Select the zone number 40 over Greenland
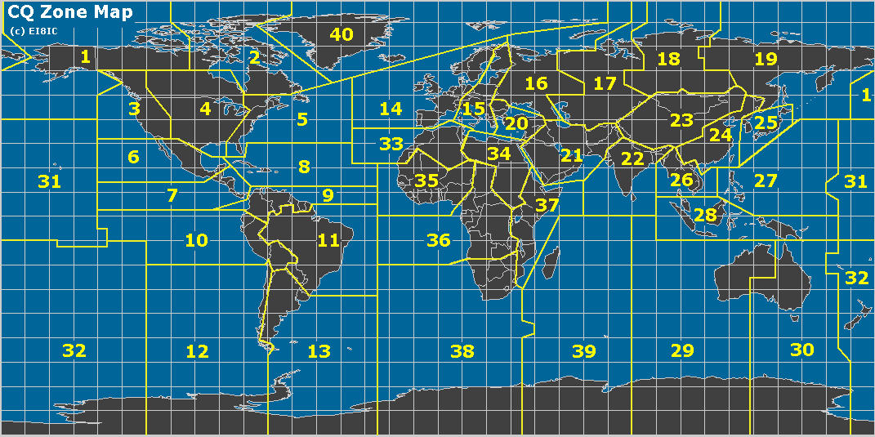[x=341, y=34]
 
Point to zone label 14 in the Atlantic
[x=391, y=109]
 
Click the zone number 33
[x=391, y=145]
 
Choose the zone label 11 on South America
[x=328, y=240]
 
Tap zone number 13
[x=319, y=351]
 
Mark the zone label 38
[x=462, y=351]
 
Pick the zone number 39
[x=583, y=351]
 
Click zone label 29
[x=681, y=351]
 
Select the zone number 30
[x=802, y=350]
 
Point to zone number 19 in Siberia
[x=766, y=59]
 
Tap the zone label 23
[x=681, y=120]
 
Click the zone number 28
[x=704, y=216]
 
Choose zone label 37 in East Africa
[x=547, y=205]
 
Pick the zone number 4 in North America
[x=205, y=109]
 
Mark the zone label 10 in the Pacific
[x=196, y=240]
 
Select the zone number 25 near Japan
[x=766, y=123]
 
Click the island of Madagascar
[x=553, y=263]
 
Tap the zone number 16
[x=536, y=83]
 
